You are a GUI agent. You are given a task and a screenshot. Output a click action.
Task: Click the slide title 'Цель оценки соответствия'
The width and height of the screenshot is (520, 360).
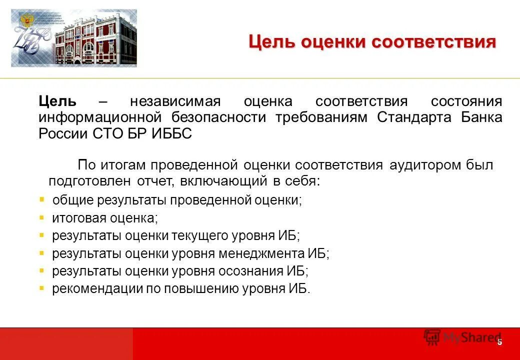(372, 42)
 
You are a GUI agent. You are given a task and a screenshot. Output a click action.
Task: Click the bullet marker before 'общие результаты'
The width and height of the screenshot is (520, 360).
(42, 199)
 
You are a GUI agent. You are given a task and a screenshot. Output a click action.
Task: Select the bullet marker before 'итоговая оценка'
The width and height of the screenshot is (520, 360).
(42, 217)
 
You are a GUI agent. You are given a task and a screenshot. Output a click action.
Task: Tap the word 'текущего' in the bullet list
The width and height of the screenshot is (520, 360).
(199, 235)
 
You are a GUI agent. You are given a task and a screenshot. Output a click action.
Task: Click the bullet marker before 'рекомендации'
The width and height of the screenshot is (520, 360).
(42, 288)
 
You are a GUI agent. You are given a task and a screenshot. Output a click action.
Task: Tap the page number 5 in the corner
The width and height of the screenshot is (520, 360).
(499, 342)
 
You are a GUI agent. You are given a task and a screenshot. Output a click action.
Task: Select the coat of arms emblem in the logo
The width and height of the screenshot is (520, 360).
(24, 23)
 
